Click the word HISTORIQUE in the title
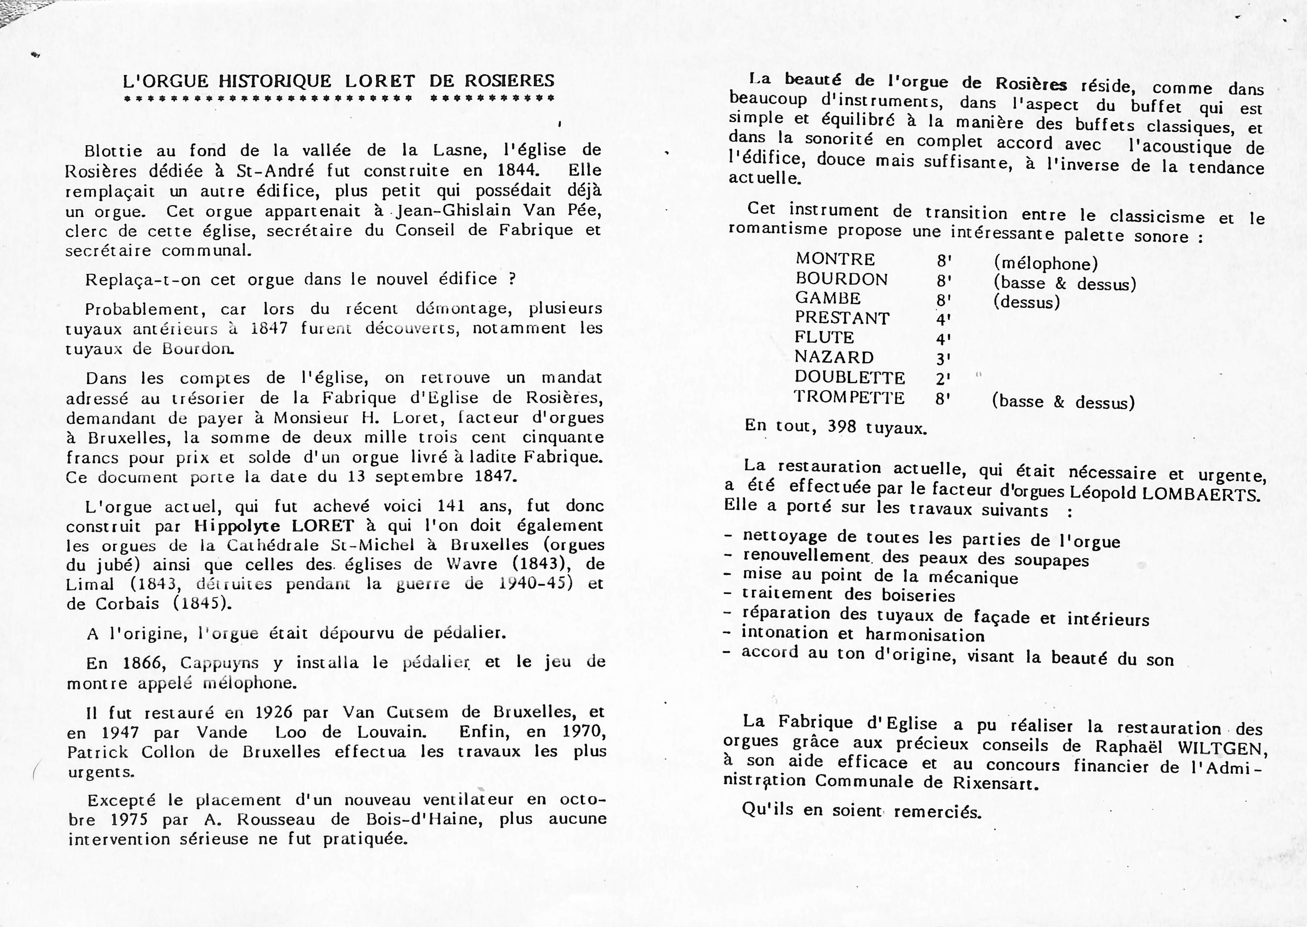pyautogui.click(x=275, y=81)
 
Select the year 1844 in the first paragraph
pyautogui.click(x=517, y=170)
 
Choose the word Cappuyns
pyautogui.click(x=219, y=663)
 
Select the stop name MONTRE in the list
pyautogui.click(x=835, y=259)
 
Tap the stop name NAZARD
pyautogui.click(x=834, y=357)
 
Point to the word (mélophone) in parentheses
pyautogui.click(x=1046, y=263)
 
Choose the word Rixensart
pyautogui.click(x=993, y=783)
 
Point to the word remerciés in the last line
pyautogui.click(x=937, y=812)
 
